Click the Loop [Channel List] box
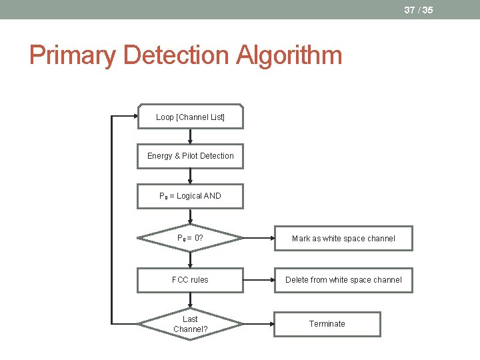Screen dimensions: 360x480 (190, 117)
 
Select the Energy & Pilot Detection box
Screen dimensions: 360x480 (190, 156)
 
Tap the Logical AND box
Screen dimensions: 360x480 (190, 196)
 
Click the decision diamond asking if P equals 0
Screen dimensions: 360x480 (190, 238)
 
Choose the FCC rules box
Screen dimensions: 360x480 (190, 280)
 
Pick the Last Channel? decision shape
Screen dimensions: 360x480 (190, 324)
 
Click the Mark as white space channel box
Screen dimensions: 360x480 (343, 238)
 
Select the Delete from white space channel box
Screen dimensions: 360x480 (343, 280)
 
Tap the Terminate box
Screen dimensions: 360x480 (327, 324)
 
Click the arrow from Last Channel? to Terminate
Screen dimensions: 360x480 (259, 324)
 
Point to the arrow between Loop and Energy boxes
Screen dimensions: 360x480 (190, 136)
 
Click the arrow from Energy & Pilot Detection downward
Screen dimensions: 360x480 (190, 176)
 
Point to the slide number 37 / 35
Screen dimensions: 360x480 (419, 9)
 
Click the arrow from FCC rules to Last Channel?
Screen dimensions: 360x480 (190, 301)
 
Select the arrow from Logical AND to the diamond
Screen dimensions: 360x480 (190, 217)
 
